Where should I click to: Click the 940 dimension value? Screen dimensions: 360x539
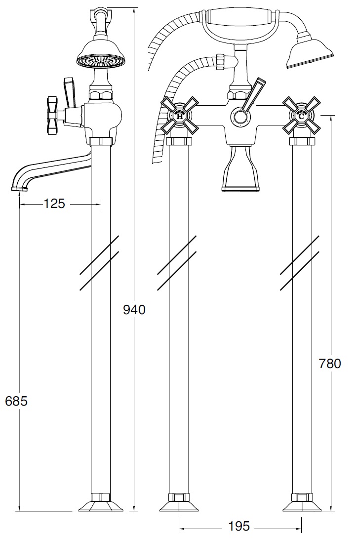click(x=134, y=310)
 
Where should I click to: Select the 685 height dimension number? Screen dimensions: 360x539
click(x=16, y=401)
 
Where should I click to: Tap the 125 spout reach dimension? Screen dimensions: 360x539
click(x=54, y=204)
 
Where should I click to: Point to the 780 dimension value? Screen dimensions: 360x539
click(x=330, y=363)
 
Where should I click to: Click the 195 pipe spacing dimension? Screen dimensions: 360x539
click(x=239, y=526)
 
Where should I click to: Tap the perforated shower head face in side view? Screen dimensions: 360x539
click(x=95, y=63)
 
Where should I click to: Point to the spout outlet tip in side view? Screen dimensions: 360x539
click(x=20, y=189)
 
